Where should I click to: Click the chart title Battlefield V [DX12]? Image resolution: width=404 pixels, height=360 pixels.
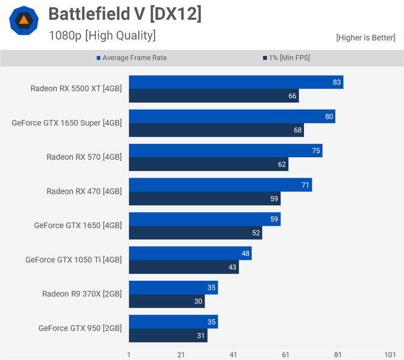point(125,14)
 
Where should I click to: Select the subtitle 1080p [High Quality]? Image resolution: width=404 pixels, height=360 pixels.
point(102,35)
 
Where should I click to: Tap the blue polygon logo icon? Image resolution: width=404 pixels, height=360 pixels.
point(24,21)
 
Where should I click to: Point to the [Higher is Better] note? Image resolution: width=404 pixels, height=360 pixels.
point(366,38)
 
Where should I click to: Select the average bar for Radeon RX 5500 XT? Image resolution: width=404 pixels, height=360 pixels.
point(236,82)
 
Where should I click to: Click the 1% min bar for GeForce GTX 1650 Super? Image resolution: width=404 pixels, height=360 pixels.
point(216,130)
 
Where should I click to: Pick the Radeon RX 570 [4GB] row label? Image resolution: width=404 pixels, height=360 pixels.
point(84,157)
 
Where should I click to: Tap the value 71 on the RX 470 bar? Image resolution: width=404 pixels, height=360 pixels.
point(306,185)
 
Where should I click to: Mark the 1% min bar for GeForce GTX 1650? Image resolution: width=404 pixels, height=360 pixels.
point(195,233)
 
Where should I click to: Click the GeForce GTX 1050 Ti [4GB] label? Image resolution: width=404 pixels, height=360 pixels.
point(73,260)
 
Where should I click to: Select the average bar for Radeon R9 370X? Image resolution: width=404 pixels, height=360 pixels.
point(173,287)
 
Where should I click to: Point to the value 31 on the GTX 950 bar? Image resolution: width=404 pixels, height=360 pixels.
point(200,336)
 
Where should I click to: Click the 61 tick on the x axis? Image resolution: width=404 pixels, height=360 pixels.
point(286,354)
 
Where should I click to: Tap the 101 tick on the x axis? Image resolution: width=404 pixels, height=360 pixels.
point(390,354)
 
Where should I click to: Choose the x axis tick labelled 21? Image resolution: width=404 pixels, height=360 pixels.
point(181,354)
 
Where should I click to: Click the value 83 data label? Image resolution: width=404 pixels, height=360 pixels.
point(337,82)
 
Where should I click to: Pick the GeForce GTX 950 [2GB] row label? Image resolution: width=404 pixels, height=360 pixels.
point(80,328)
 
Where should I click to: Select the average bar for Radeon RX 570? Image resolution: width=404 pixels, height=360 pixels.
point(225,151)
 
